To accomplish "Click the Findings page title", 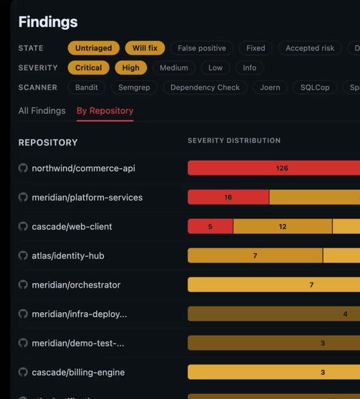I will tap(48, 22).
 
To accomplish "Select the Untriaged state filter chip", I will tap(93, 48).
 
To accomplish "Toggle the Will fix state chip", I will tap(145, 48).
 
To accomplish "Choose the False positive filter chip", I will tap(202, 48).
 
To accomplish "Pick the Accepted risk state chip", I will tap(310, 48).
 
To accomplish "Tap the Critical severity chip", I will tap(89, 68).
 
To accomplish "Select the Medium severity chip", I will tap(174, 68).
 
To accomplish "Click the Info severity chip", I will tap(249, 68).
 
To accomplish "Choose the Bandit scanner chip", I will tap(87, 88).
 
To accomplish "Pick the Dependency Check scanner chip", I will tap(205, 88).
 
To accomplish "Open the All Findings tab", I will tap(42, 111).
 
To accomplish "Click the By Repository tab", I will tap(105, 111).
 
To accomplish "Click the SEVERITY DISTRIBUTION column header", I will tap(234, 140).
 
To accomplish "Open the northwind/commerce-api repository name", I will tap(84, 168).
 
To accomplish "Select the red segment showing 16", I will tap(228, 198).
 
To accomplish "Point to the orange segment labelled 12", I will tap(283, 227).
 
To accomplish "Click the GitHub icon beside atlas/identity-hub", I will tap(23, 255).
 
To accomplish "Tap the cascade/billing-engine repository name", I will tap(78, 372).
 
